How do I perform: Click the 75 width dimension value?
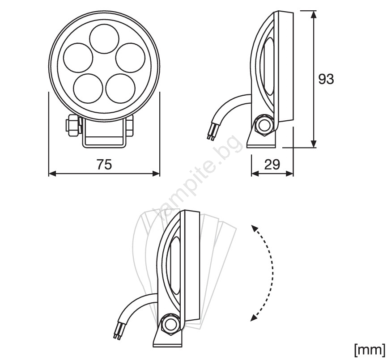(104, 165)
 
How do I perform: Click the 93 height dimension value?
(326, 79)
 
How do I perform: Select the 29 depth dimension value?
(272, 165)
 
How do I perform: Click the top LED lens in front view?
(104, 39)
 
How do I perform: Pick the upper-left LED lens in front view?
(78, 58)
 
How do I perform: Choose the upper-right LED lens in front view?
(131, 58)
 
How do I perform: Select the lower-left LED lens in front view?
(88, 88)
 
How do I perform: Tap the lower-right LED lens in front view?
(120, 88)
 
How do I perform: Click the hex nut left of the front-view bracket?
(72, 125)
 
